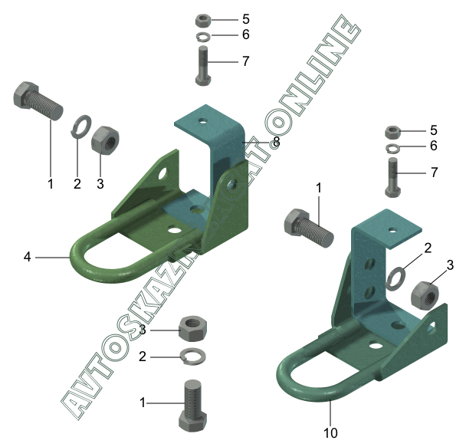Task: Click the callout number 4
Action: coord(27,257)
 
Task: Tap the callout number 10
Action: coord(330,432)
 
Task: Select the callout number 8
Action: coord(277,142)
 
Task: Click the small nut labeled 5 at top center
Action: coord(203,21)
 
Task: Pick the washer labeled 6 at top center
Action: coord(204,36)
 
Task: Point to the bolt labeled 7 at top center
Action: coord(203,66)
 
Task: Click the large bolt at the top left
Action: coord(38,100)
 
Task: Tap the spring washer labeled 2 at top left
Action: coord(81,127)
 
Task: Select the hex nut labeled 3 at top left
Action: coord(105,140)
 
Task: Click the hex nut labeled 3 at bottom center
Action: coord(193,328)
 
